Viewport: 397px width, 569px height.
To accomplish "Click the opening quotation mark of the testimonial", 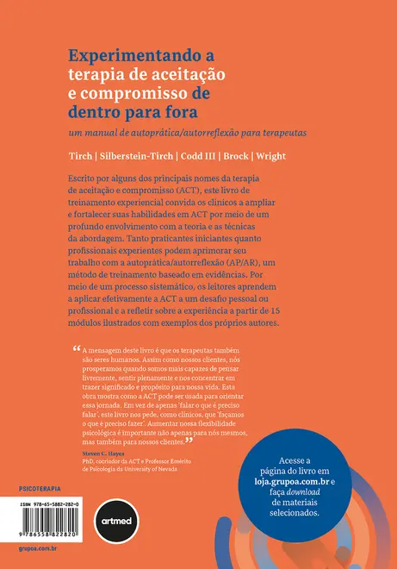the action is click(x=73, y=348).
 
